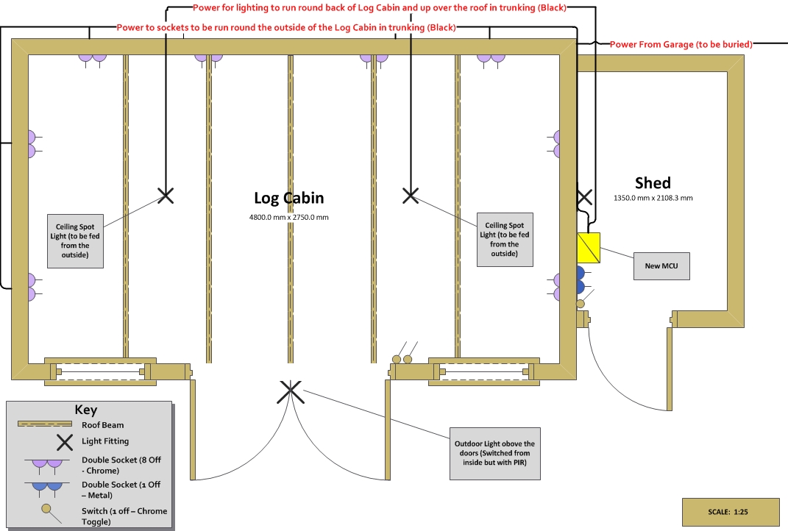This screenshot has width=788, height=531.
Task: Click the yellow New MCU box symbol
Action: pyautogui.click(x=589, y=245)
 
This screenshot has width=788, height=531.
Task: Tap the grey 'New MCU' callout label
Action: pyautogui.click(x=661, y=265)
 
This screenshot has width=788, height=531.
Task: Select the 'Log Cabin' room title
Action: pyautogui.click(x=288, y=198)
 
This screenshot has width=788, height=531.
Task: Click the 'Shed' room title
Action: pyautogui.click(x=653, y=182)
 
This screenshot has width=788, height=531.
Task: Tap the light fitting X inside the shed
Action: pyautogui.click(x=584, y=196)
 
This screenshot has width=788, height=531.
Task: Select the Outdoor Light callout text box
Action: pyautogui.click(x=494, y=454)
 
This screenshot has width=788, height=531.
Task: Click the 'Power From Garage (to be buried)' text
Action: pyautogui.click(x=681, y=45)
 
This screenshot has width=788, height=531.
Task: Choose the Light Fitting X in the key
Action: pyautogui.click(x=65, y=442)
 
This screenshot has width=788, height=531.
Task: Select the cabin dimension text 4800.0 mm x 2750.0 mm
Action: pyautogui.click(x=288, y=218)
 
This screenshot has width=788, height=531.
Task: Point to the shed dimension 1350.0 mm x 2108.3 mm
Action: pyautogui.click(x=653, y=198)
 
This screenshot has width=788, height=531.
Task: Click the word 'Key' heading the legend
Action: pyautogui.click(x=85, y=410)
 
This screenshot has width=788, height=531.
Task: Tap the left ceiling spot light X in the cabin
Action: pyautogui.click(x=166, y=195)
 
